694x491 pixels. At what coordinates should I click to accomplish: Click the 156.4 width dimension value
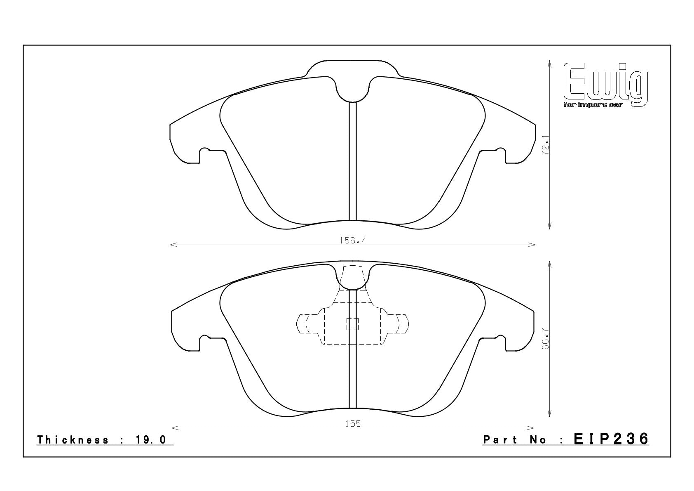point(353,241)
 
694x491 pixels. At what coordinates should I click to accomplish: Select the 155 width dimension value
point(353,424)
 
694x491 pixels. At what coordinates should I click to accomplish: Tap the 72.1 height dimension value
point(545,144)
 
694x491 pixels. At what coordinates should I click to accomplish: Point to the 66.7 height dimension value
point(545,339)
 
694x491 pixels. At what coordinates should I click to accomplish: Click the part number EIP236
point(611,439)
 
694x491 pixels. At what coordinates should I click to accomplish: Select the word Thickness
point(73,440)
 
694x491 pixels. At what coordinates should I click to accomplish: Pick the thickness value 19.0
point(151,440)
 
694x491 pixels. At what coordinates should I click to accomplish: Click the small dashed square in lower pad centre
point(353,324)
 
